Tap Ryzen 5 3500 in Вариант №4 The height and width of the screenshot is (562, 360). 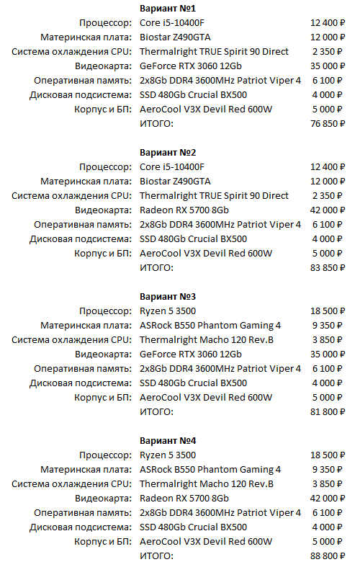167,455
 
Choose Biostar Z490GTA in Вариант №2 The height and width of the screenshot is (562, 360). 175,181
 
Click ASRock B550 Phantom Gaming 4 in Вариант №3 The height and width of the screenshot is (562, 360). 210,325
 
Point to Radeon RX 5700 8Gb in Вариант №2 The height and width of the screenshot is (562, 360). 184,210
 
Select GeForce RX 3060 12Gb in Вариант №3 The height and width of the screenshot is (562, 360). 190,354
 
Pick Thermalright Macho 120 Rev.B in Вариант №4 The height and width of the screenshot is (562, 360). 206,483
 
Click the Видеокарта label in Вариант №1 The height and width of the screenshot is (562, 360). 104,66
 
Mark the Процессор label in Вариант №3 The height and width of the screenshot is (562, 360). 106,311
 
